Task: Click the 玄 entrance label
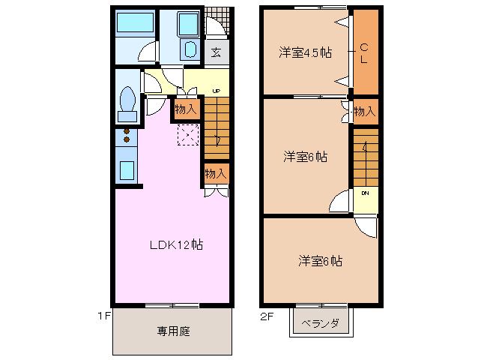(215, 52)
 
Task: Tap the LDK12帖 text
(176, 244)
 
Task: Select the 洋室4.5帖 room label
(306, 52)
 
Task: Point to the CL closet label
(364, 54)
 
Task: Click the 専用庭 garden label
(173, 331)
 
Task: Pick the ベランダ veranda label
(320, 324)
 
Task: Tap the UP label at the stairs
(217, 91)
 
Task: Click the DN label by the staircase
(366, 193)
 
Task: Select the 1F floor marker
(103, 316)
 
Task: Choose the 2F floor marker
(266, 316)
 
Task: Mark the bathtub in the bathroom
(135, 23)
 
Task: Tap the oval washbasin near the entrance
(189, 51)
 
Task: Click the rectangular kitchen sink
(126, 171)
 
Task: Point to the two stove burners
(126, 136)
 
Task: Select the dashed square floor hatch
(187, 135)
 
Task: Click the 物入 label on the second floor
(364, 112)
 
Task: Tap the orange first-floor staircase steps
(217, 127)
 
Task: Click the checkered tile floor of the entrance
(217, 18)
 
